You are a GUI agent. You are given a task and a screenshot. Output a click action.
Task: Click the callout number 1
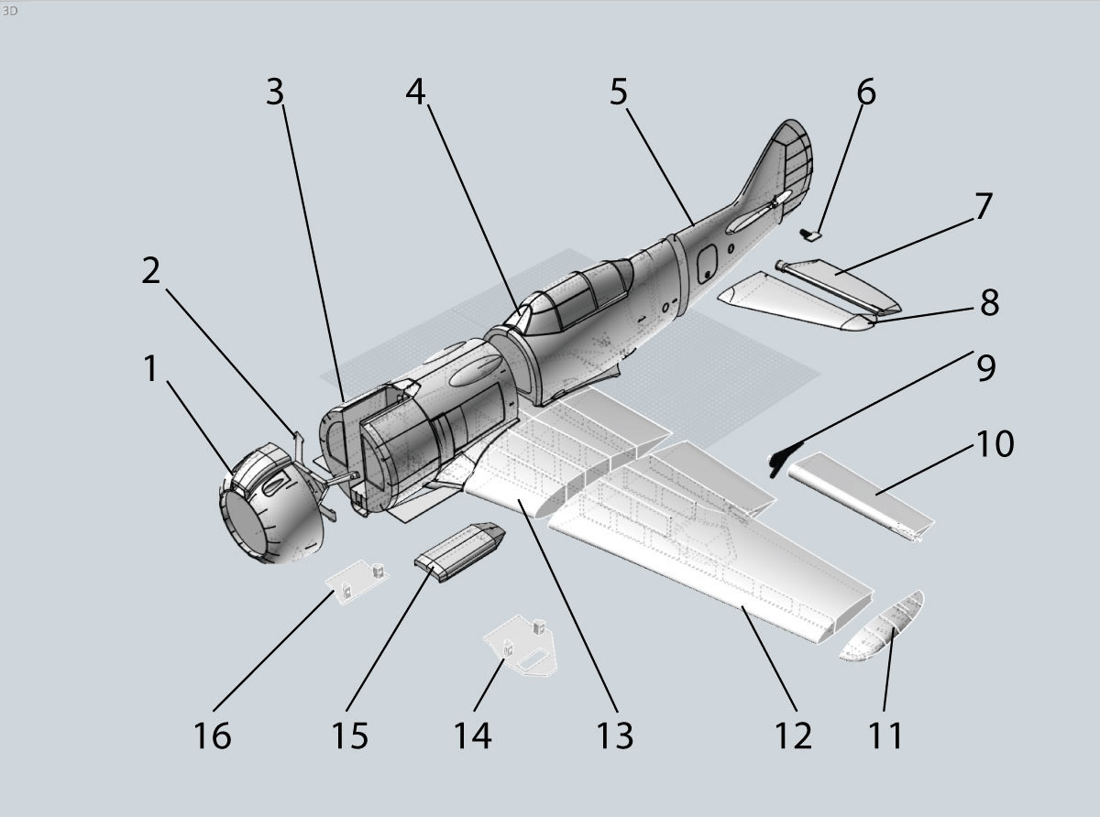pyautogui.click(x=150, y=369)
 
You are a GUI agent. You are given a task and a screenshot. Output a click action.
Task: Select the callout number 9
pyautogui.click(x=985, y=367)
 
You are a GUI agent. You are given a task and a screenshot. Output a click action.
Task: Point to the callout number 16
pyautogui.click(x=213, y=735)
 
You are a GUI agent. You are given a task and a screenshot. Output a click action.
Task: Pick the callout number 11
pyautogui.click(x=885, y=735)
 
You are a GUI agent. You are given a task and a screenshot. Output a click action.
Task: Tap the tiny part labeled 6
pyautogui.click(x=811, y=235)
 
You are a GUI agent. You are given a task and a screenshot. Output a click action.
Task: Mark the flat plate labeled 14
pyautogui.click(x=522, y=646)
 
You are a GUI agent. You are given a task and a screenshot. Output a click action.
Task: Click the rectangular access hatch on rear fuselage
pyautogui.click(x=707, y=265)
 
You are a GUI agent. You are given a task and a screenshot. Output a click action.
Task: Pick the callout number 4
pyautogui.click(x=416, y=92)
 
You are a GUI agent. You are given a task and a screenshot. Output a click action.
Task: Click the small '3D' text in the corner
pyautogui.click(x=10, y=10)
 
